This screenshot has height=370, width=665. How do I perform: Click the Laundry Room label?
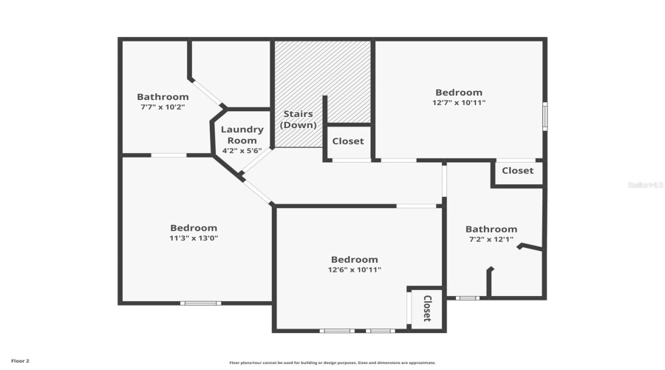point(242,135)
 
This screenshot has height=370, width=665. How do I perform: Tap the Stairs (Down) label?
point(299,119)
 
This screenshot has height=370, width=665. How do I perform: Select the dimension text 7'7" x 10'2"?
point(163,107)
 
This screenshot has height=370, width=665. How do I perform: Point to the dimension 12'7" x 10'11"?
point(459,103)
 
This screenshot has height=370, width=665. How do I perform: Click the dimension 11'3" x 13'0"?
point(194,238)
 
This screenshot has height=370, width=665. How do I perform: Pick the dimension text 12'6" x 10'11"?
point(354,269)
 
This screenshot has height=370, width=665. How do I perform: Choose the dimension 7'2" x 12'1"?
point(491,240)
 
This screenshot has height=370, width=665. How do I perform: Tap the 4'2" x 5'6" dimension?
point(242,150)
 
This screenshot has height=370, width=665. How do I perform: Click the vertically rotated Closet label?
point(426,309)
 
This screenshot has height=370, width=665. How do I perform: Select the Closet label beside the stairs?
point(348,141)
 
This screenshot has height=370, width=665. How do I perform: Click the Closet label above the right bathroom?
point(517,170)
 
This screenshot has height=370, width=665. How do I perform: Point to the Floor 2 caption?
point(20,361)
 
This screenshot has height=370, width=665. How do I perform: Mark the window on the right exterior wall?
point(545,116)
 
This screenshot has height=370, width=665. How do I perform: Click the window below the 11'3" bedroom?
point(201,303)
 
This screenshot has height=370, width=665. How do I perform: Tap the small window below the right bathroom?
point(467,298)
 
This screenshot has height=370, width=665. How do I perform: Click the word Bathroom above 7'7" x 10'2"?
point(163,97)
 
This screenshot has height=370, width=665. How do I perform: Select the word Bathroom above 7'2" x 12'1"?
point(491,229)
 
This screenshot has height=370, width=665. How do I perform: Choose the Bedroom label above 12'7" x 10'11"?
point(458,92)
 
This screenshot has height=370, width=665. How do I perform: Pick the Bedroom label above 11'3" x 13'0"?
point(194,228)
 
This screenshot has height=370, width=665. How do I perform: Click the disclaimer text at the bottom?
point(332,363)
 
